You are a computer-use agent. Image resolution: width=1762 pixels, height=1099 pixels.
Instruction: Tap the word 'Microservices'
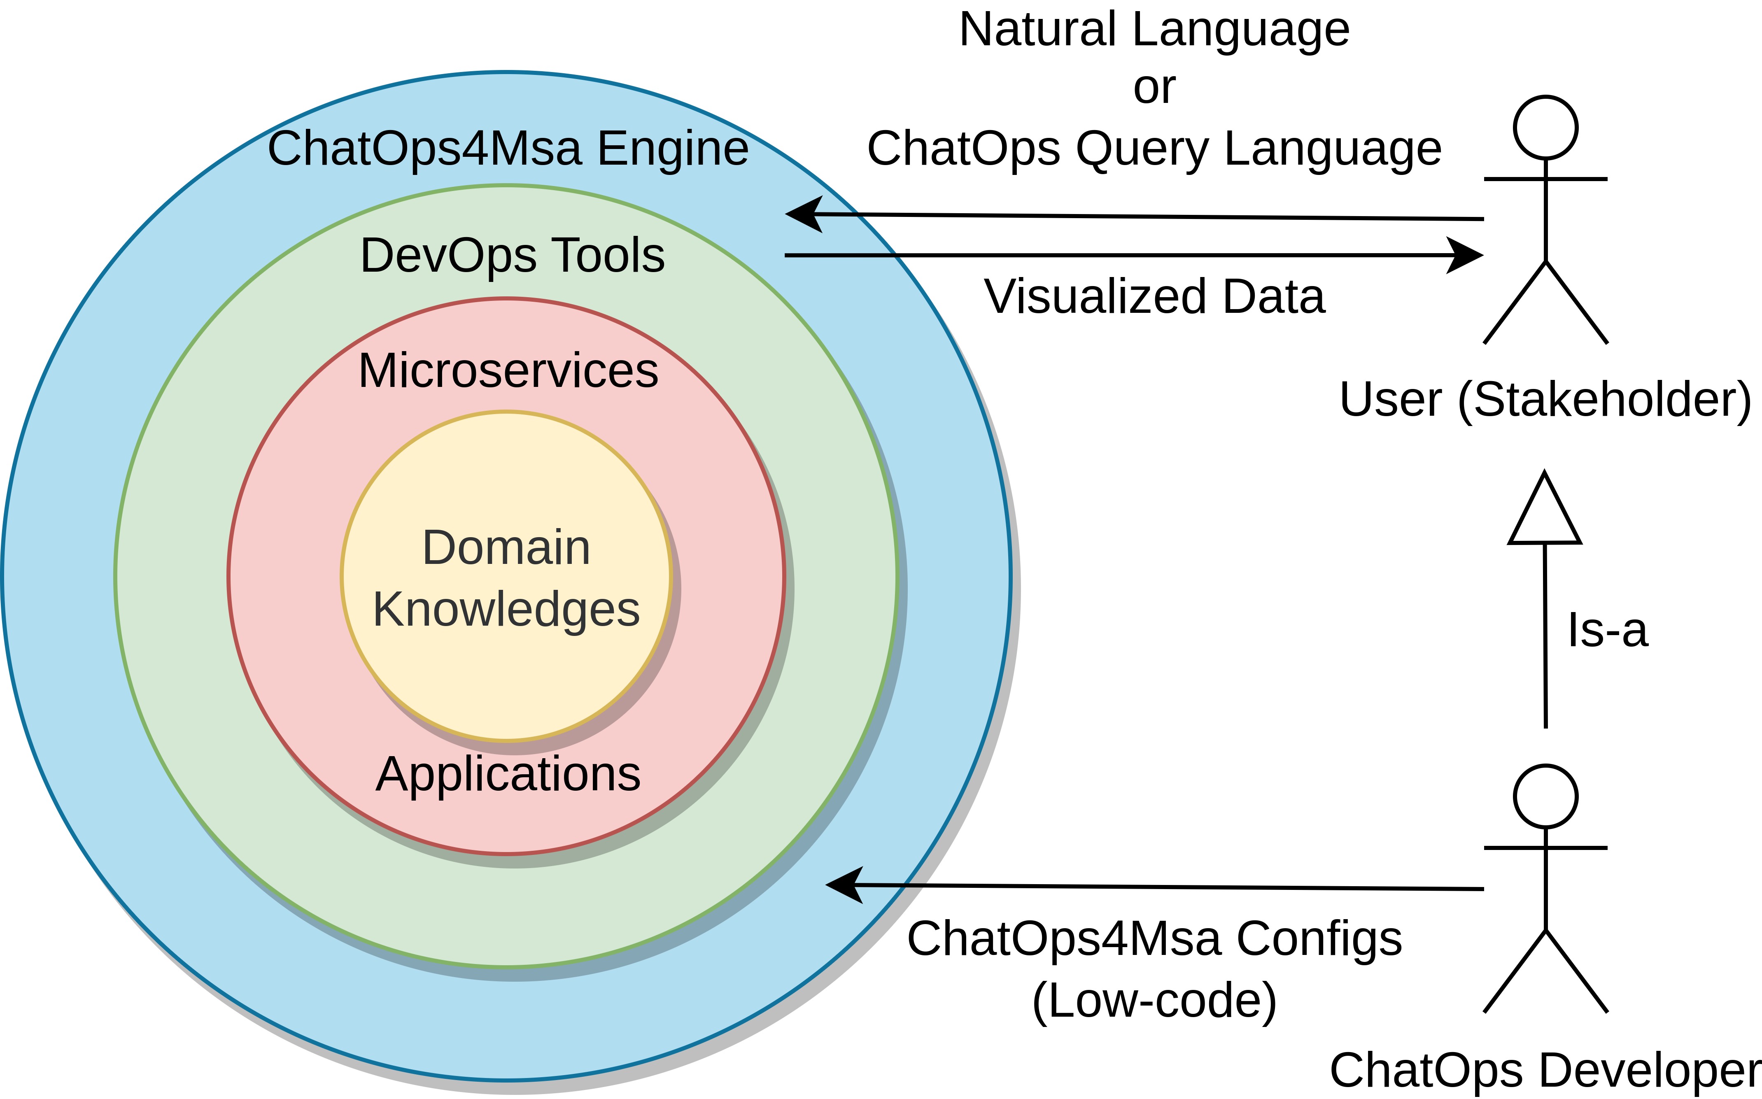pyautogui.click(x=508, y=371)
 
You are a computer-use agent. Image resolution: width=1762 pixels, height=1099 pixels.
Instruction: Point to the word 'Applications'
pyautogui.click(x=508, y=774)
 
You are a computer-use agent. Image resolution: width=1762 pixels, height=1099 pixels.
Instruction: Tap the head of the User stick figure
pyautogui.click(x=1545, y=127)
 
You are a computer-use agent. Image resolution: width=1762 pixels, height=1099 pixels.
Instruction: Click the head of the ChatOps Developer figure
pyautogui.click(x=1545, y=796)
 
